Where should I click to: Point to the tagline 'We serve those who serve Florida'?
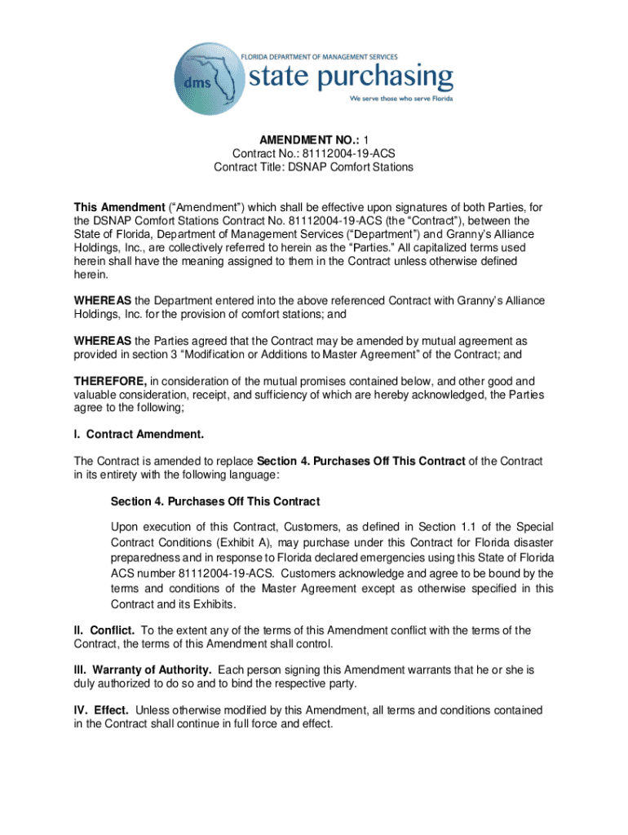[401, 99]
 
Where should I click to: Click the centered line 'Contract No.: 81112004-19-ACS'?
[314, 152]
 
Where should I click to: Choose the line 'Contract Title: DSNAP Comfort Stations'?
[314, 167]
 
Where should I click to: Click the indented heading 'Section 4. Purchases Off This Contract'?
[215, 501]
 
